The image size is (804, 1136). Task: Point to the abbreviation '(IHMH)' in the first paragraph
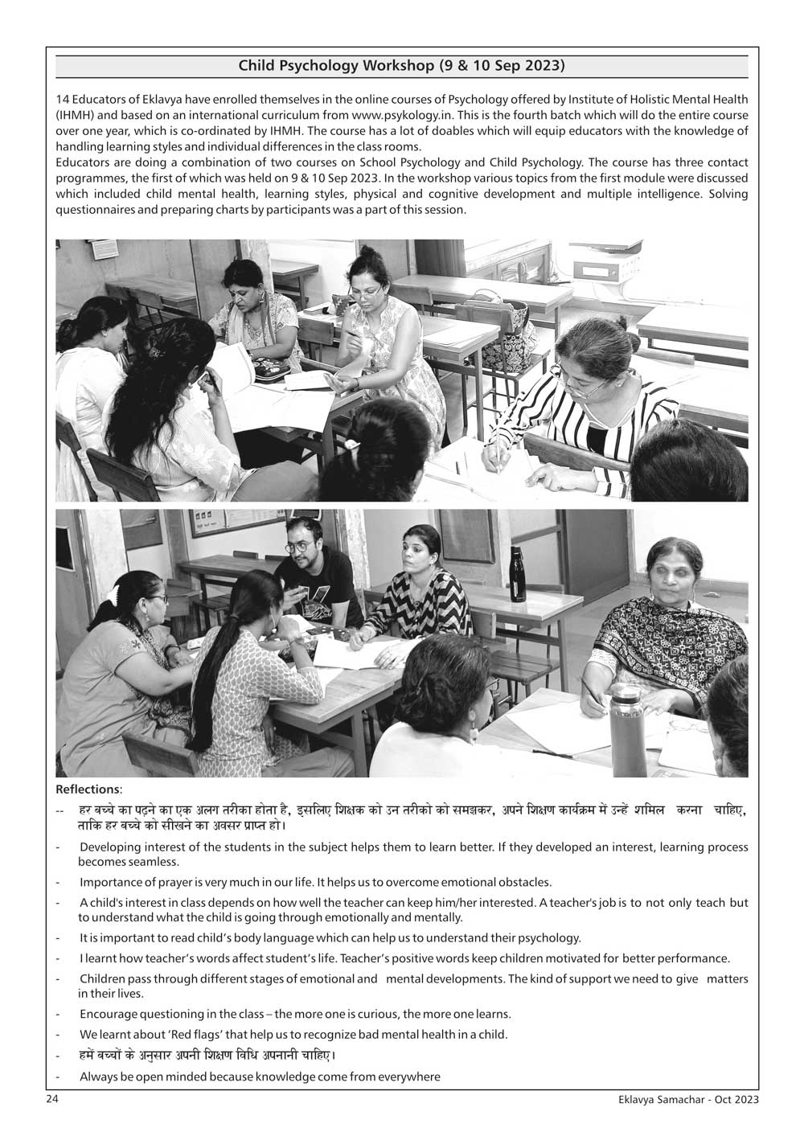tap(75, 116)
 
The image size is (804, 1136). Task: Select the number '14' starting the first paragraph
tap(62, 100)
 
